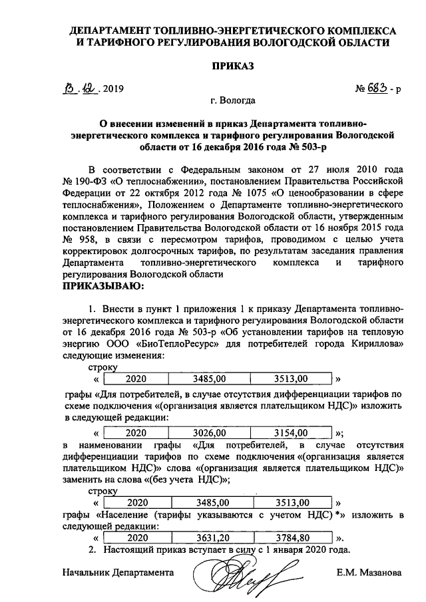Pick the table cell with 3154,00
click(x=293, y=430)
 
